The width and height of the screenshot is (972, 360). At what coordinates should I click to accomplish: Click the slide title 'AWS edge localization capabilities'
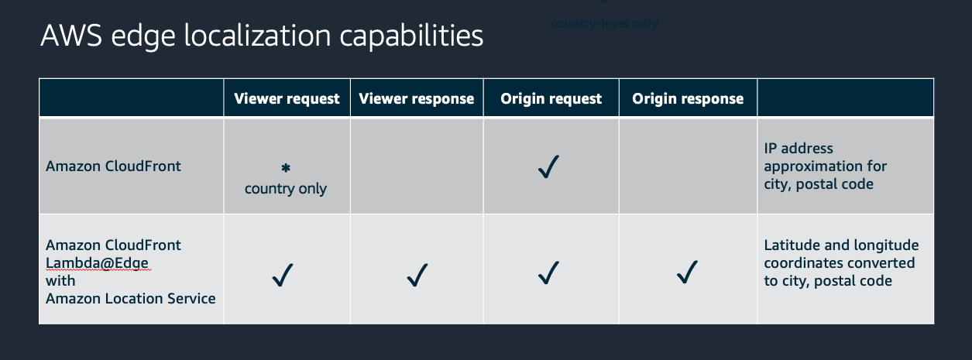(262, 36)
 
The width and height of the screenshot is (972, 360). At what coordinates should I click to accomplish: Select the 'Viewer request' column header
(287, 98)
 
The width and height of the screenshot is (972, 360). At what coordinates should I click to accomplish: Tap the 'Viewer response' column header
(417, 98)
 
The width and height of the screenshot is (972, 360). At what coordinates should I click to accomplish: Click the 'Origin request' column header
(551, 98)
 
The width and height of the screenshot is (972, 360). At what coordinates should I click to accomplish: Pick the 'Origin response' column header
(688, 98)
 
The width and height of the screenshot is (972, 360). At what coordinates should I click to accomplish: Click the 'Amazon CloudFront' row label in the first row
(113, 166)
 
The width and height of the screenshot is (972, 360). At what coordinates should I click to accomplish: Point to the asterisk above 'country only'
(286, 168)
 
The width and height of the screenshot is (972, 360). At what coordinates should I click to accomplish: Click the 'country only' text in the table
(286, 189)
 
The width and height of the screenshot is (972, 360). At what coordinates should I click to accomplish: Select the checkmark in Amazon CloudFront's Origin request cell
(549, 166)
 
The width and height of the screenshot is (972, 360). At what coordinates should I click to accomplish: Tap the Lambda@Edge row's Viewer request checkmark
(283, 274)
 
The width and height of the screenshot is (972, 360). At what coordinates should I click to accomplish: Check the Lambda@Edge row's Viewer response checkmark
(417, 274)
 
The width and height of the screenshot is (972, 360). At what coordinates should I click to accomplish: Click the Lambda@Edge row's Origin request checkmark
(549, 273)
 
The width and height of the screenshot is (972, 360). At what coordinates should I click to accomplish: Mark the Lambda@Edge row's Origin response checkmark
(687, 271)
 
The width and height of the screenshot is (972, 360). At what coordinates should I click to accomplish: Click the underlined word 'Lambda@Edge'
(97, 263)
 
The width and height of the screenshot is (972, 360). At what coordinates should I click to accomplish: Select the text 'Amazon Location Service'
(130, 298)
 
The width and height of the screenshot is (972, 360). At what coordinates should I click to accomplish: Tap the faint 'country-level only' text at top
(604, 23)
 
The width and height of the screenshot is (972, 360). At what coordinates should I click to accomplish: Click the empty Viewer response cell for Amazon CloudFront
(417, 166)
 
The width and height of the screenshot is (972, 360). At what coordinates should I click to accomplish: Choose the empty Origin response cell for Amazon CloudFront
(688, 166)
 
